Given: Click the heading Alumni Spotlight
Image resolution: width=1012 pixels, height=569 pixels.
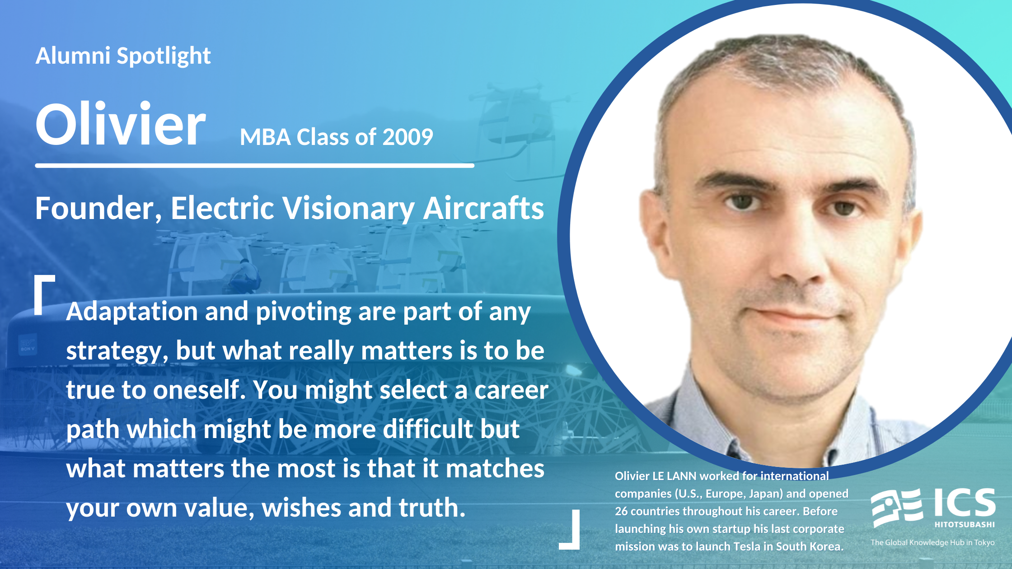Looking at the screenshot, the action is [123, 56].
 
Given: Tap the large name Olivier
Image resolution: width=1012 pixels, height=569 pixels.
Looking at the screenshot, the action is [120, 124].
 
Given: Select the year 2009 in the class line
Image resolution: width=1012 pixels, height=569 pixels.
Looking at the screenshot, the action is [408, 137].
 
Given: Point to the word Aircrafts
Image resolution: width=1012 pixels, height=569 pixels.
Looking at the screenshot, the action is [483, 208].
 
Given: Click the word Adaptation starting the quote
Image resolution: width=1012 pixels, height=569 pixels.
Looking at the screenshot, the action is [132, 312].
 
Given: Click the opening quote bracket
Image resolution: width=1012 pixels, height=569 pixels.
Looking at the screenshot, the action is [45, 294].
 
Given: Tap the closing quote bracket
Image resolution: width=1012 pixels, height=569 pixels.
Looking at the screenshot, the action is [569, 530].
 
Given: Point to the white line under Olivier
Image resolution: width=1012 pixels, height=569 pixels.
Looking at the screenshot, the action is [255, 166].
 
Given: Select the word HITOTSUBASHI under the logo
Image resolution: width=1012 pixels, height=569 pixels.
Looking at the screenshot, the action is [965, 525].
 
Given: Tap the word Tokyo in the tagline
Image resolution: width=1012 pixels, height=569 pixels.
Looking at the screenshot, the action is [984, 542].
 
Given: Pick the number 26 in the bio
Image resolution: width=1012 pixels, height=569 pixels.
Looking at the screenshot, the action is [621, 511].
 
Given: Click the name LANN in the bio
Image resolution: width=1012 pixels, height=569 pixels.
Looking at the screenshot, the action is [682, 476].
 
